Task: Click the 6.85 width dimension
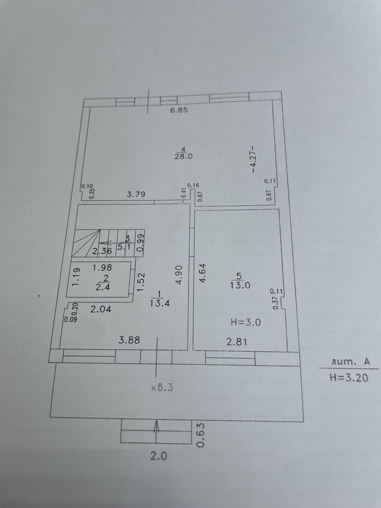(179, 110)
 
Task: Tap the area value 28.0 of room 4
(183, 157)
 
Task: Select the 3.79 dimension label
(136, 194)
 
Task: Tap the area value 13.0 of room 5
(240, 285)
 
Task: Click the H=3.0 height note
(245, 322)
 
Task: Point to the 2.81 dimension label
(237, 342)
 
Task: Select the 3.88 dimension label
(129, 340)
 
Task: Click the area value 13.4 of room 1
(160, 303)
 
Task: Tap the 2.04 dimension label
(101, 309)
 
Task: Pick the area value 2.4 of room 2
(103, 287)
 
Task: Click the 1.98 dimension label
(102, 267)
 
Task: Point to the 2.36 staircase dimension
(102, 251)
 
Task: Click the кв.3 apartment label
(162, 388)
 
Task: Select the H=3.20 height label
(349, 377)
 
